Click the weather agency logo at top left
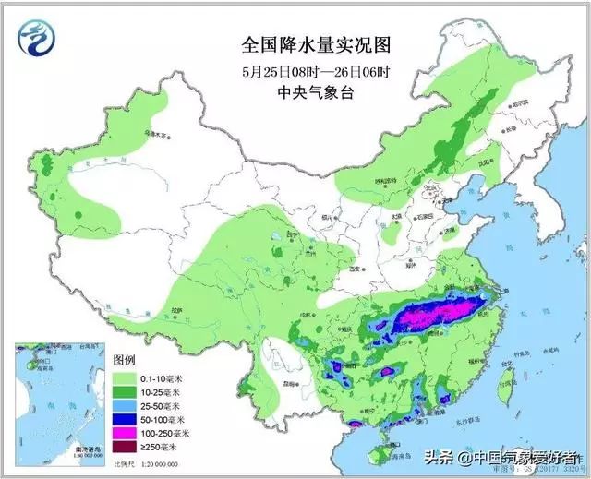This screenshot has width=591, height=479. pyautogui.click(x=37, y=40)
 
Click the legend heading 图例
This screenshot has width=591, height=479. pyautogui.click(x=125, y=358)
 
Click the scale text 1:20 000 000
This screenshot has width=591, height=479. pyautogui.click(x=159, y=462)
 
